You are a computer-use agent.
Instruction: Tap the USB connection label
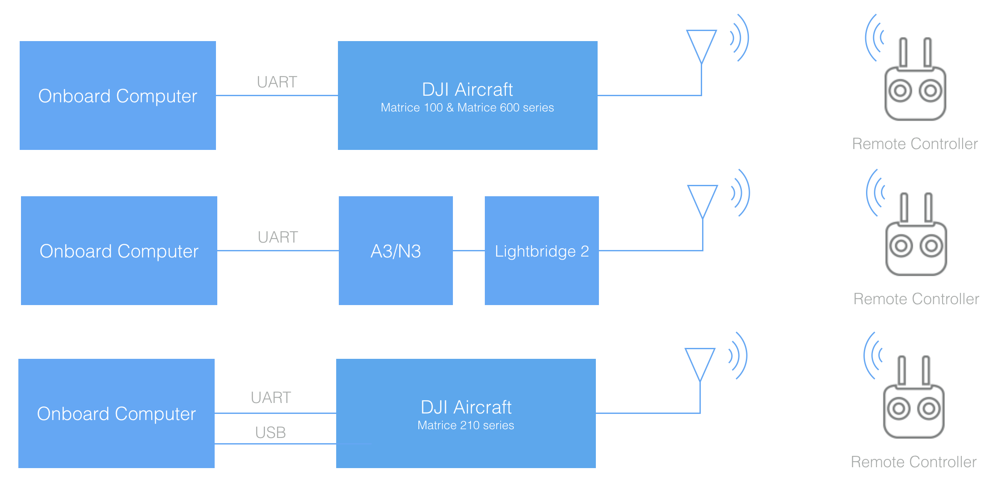(x=270, y=433)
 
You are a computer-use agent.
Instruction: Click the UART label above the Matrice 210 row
(x=271, y=398)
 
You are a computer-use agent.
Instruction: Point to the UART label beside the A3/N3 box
(x=278, y=237)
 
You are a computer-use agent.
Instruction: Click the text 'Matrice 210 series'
(x=466, y=425)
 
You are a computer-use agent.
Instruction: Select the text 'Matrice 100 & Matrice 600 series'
(x=467, y=108)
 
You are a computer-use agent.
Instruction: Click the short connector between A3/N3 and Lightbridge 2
(x=469, y=251)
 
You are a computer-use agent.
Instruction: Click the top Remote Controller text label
(x=915, y=144)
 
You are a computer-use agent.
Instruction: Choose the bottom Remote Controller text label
(x=913, y=462)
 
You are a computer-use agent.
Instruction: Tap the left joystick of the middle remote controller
(x=901, y=246)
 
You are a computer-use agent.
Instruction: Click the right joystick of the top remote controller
(x=930, y=91)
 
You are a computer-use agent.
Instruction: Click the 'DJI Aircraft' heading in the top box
(x=467, y=90)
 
